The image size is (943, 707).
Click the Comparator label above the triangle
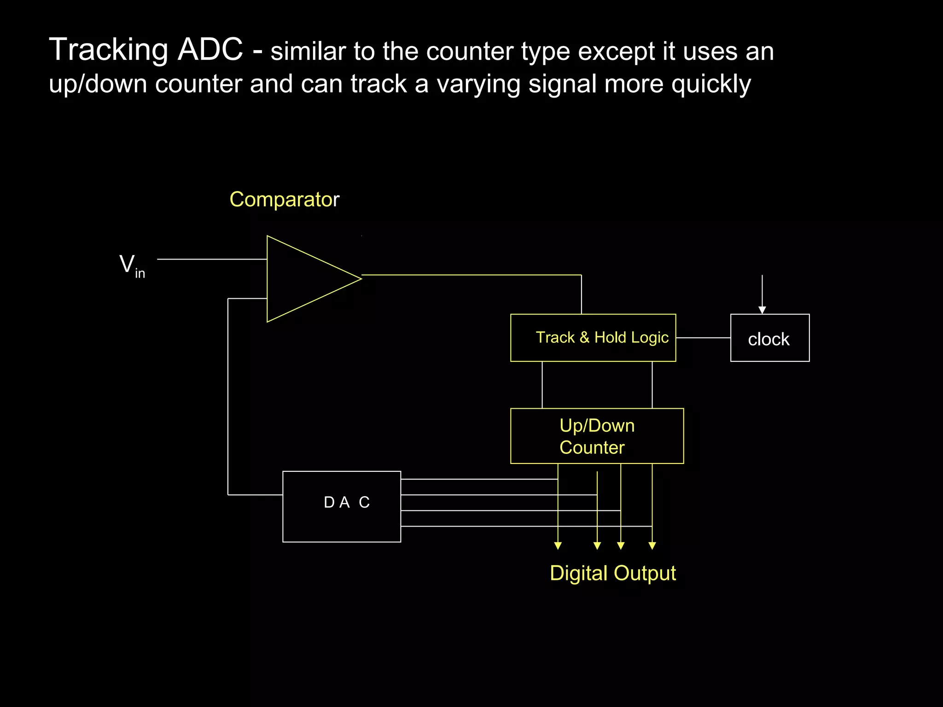pyautogui.click(x=284, y=200)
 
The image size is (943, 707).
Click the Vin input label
pyautogui.click(x=132, y=266)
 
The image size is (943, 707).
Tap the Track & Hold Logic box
pyautogui.click(x=593, y=338)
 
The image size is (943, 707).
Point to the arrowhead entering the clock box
pyautogui.click(x=762, y=310)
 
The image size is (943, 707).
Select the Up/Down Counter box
pyautogui.click(x=597, y=436)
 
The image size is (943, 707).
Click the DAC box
pyautogui.click(x=341, y=506)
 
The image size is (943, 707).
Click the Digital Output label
pyautogui.click(x=612, y=574)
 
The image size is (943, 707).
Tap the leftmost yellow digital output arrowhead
pyautogui.click(x=558, y=546)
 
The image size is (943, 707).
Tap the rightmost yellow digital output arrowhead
pyautogui.click(x=652, y=546)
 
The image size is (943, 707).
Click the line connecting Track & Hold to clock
pyautogui.click(x=703, y=338)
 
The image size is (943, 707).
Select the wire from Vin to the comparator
pyautogui.click(x=212, y=259)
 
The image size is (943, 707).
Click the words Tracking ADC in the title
pyautogui.click(x=146, y=50)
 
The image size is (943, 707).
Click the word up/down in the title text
pyautogui.click(x=98, y=85)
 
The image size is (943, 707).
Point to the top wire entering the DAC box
pyautogui.click(x=479, y=479)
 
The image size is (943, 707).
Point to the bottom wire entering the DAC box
pyautogui.click(x=479, y=526)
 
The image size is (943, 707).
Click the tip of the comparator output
pyautogui.click(x=361, y=278)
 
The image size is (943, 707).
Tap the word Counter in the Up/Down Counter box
pyautogui.click(x=592, y=447)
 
